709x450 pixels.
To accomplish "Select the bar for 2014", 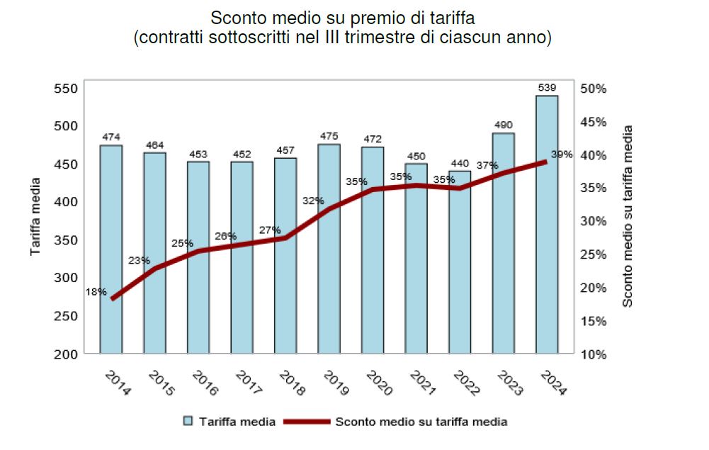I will (111, 249).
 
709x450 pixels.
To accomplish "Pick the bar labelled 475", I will (329, 248).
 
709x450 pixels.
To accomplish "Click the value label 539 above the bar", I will (547, 88).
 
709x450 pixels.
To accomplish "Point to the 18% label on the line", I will (96, 291).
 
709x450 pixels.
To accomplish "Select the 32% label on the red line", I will (313, 201).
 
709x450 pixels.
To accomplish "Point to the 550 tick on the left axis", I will (64, 89).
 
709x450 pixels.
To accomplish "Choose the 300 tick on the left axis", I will (64, 278).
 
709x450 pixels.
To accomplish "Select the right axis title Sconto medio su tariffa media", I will (627, 216).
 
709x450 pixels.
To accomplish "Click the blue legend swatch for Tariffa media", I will (188, 422).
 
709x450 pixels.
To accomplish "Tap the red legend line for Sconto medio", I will (306, 422).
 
